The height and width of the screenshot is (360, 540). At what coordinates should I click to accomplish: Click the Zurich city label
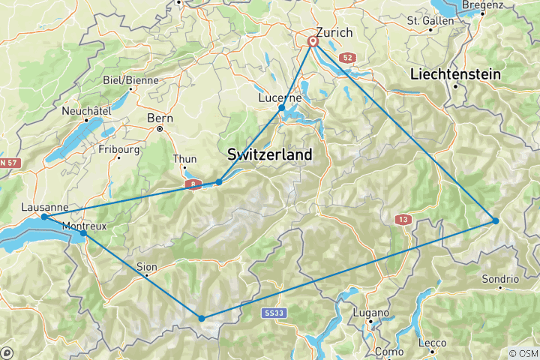(x=334, y=32)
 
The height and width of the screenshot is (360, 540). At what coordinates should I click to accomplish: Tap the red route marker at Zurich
(x=312, y=42)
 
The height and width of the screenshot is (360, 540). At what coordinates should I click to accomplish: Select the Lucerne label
(x=280, y=97)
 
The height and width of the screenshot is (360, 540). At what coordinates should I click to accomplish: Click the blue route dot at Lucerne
(x=282, y=108)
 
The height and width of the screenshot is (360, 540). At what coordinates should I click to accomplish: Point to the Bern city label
(x=160, y=118)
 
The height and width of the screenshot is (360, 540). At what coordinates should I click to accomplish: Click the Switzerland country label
(x=269, y=154)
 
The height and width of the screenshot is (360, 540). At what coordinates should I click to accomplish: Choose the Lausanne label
(x=46, y=207)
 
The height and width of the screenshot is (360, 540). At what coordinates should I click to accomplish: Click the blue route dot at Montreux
(x=82, y=234)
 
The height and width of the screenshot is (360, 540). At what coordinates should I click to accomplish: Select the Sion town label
(x=147, y=266)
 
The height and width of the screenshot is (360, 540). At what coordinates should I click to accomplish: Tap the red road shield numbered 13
(x=403, y=219)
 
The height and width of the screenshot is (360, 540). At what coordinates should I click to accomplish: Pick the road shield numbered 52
(x=346, y=57)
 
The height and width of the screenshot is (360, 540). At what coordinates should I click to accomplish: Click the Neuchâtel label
(x=86, y=109)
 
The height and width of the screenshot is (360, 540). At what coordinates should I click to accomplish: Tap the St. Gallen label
(x=430, y=21)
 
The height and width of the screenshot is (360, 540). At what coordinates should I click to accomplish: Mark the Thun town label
(x=184, y=158)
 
